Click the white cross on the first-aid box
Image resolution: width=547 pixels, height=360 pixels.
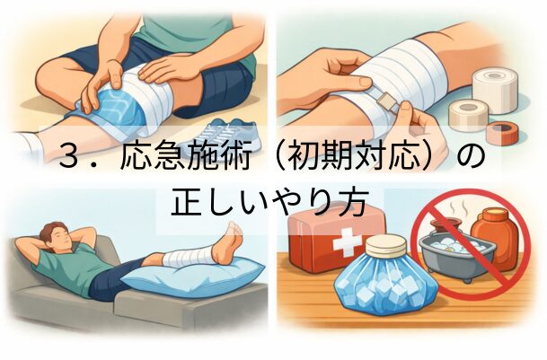click(x=347, y=241)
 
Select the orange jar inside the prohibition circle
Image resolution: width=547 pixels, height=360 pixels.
click(x=496, y=235)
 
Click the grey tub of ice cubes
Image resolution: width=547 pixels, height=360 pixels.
click(x=458, y=255)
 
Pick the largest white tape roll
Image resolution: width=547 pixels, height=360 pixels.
click(x=495, y=90)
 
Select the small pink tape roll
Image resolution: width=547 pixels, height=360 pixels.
click(x=501, y=133)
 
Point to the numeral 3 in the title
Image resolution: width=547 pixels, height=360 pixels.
click(x=70, y=155)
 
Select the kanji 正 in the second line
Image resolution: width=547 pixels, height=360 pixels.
click(x=186, y=201)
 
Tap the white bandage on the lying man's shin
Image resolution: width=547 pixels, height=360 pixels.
click(x=188, y=256)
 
